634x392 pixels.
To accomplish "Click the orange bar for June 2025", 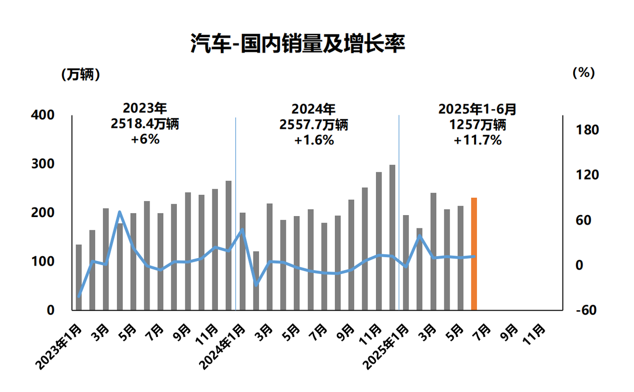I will pos(474,254).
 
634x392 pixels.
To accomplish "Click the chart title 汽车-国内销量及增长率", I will pos(298,44).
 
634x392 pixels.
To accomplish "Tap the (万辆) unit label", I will pos(81,74).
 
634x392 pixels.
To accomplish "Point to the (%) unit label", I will pos(583,72).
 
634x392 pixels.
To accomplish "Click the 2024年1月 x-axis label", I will pos(221,347).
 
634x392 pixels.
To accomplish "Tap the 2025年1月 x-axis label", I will pos(385,347).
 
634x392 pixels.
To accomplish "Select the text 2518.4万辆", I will pos(145,124).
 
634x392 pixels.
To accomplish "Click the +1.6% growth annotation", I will pos(314,140).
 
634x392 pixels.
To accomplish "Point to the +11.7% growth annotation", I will pos(477,140).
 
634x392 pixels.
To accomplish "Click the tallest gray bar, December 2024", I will pos(392,238).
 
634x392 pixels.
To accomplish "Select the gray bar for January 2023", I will pos(79,278).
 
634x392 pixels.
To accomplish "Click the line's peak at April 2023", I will pos(120,213).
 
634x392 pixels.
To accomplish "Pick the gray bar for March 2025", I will pos(433,252).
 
